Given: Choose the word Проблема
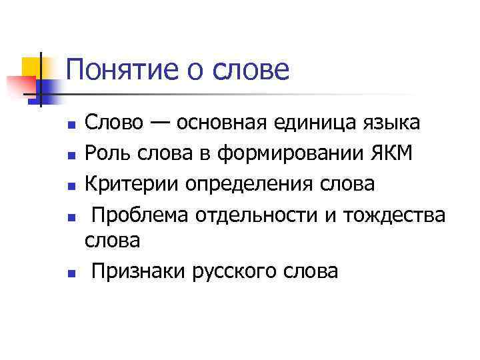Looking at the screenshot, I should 139,214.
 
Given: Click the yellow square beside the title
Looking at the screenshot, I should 32,67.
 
